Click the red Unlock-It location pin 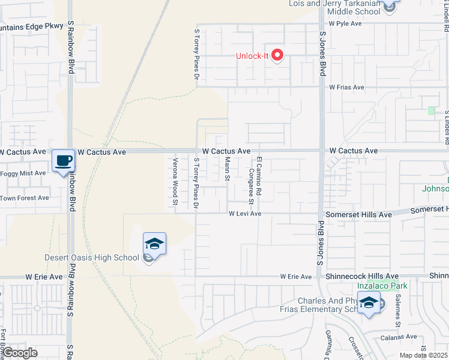277,56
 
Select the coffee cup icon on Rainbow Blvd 63,161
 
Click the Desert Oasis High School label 92,258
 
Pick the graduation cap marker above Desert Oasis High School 154,244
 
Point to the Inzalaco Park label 382,286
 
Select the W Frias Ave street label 346,87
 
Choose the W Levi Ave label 244,214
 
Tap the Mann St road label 228,169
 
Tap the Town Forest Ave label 25,197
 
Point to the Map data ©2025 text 423,355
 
